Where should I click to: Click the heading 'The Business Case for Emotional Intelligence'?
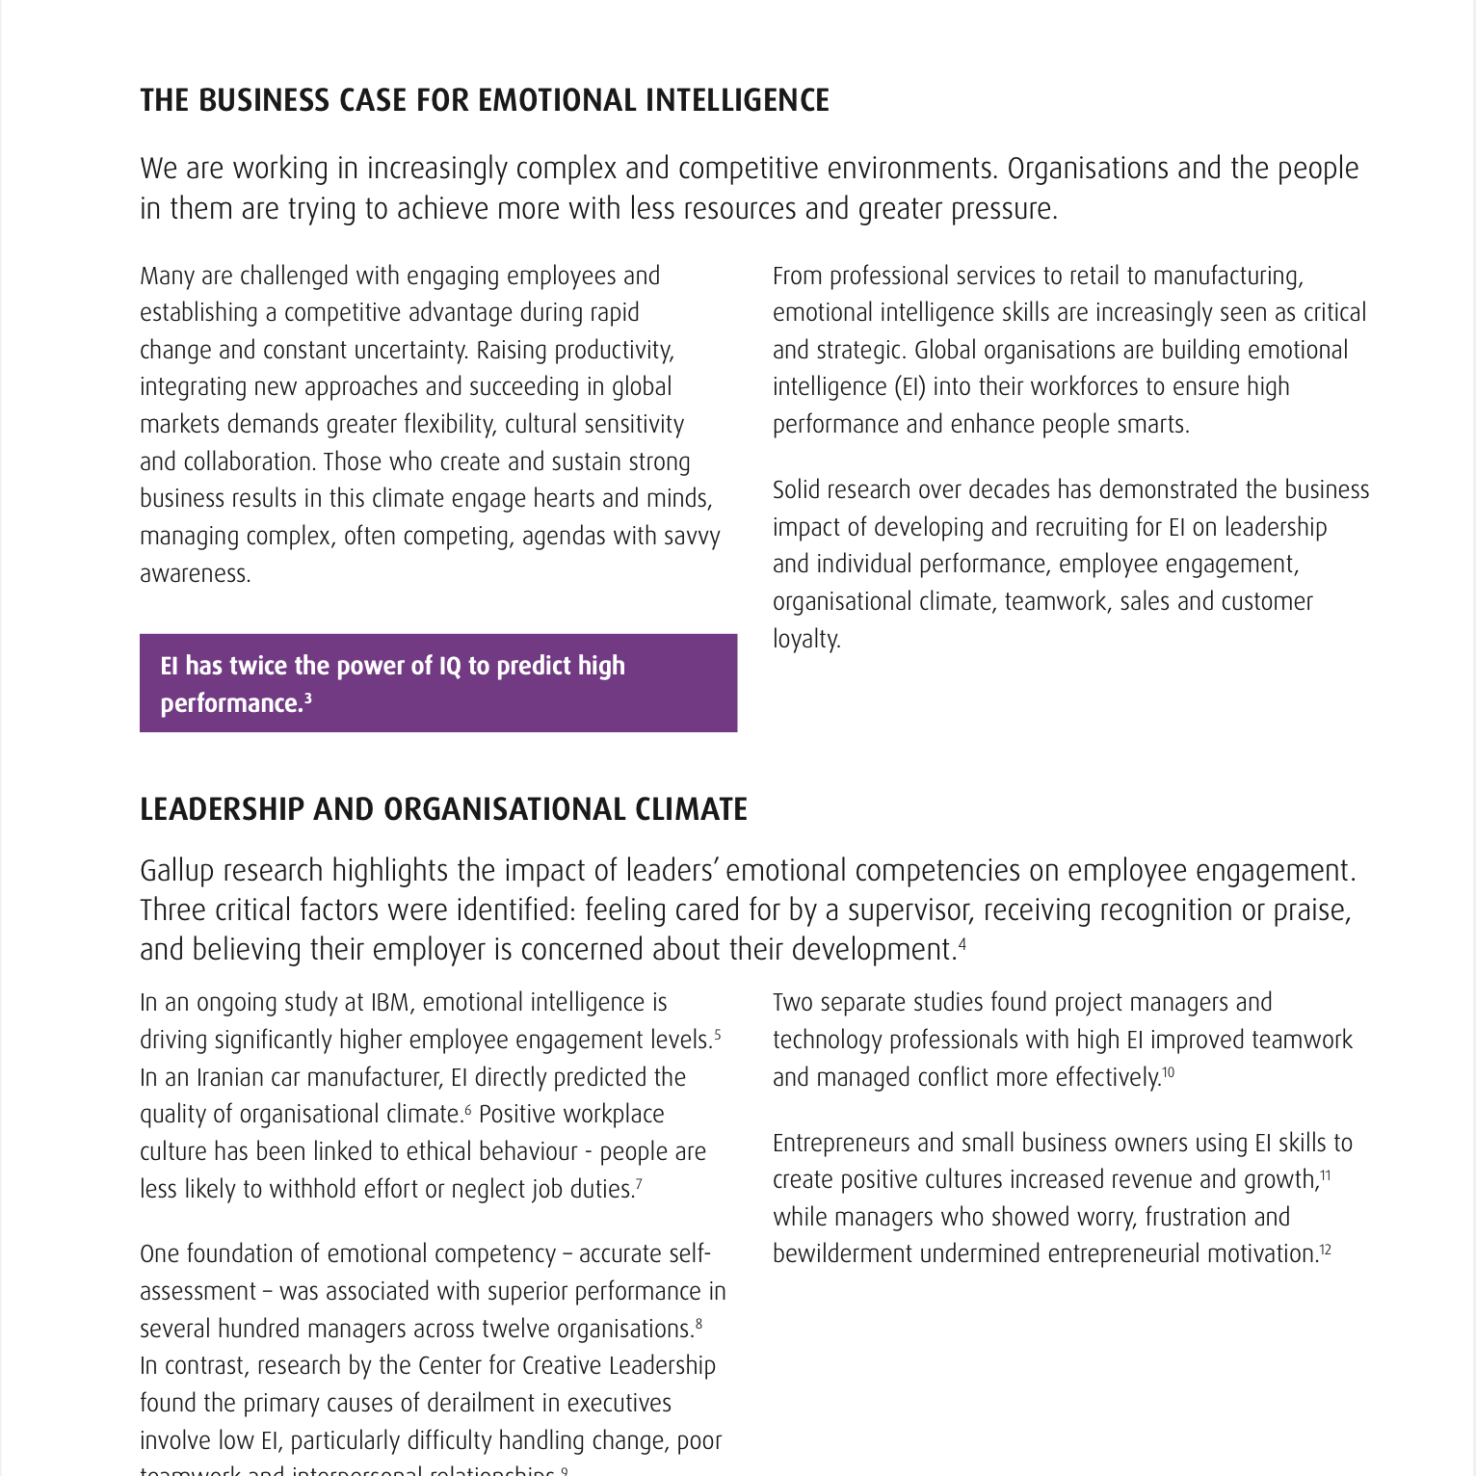click(x=484, y=100)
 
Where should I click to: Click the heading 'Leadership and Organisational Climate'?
click(x=443, y=809)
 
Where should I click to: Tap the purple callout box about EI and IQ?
click(x=438, y=683)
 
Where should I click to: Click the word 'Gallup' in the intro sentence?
click(x=177, y=871)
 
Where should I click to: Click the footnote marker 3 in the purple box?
click(x=308, y=698)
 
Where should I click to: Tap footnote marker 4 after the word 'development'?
click(x=962, y=943)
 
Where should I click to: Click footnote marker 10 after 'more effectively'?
click(x=1168, y=1071)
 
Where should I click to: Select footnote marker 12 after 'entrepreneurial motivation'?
click(x=1326, y=1249)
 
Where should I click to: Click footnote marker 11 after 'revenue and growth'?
click(x=1326, y=1174)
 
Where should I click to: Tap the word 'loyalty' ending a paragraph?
click(x=805, y=640)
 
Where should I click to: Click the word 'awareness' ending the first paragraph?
click(x=195, y=574)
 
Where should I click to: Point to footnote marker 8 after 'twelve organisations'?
click(x=698, y=1324)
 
